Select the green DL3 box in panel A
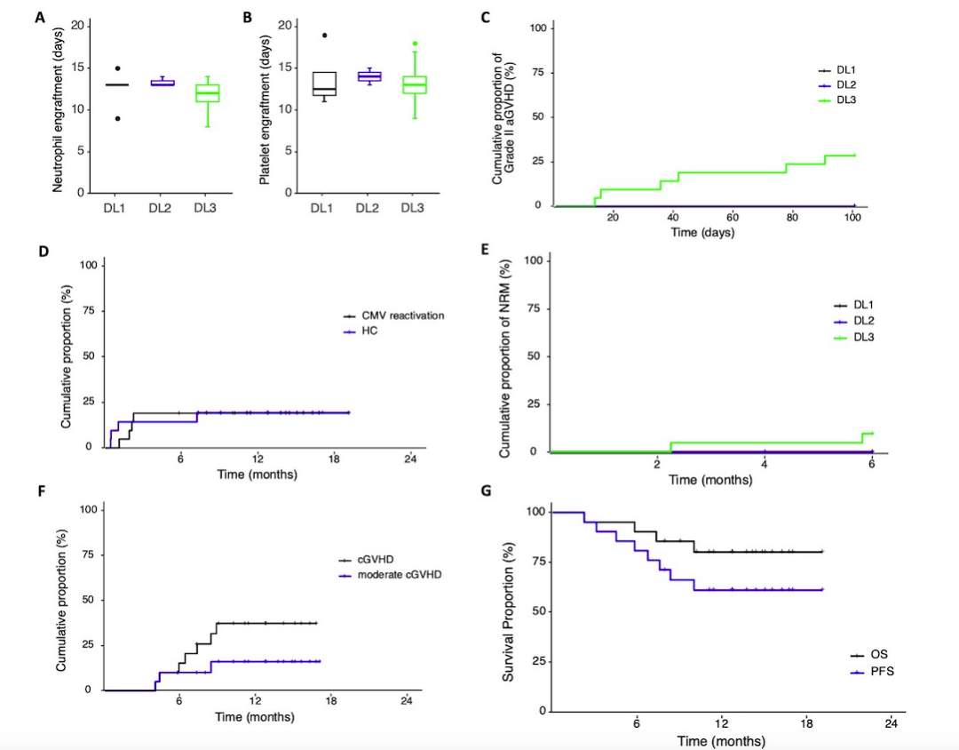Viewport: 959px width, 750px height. pos(208,92)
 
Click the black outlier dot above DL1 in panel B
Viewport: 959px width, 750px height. pos(324,36)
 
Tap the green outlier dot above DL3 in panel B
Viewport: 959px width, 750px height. pos(414,43)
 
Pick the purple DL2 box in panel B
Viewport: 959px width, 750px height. pos(368,76)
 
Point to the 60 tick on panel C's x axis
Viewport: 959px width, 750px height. pos(733,216)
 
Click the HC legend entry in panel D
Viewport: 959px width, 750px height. pos(369,331)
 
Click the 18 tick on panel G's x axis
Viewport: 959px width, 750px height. pos(807,723)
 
